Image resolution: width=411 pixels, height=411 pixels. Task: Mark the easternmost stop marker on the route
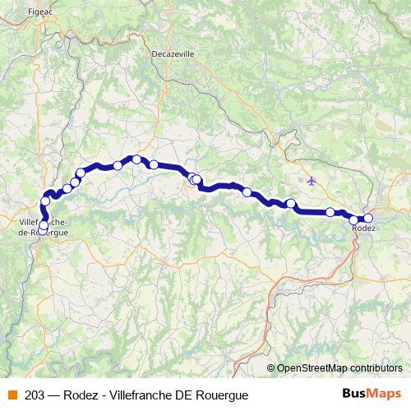(368, 218)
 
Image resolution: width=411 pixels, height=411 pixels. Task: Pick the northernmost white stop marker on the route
(136, 159)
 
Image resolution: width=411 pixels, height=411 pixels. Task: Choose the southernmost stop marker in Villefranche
(43, 226)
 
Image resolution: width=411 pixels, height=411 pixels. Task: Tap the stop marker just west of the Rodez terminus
(354, 219)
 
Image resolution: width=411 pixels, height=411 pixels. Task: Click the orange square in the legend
(12, 394)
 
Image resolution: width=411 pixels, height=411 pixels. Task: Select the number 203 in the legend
(35, 394)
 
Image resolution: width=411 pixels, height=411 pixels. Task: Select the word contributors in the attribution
(373, 367)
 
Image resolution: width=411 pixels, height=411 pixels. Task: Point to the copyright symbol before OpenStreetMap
(271, 367)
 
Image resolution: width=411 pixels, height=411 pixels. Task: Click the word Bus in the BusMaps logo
(355, 394)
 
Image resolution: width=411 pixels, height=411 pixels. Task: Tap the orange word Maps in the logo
(385, 394)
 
